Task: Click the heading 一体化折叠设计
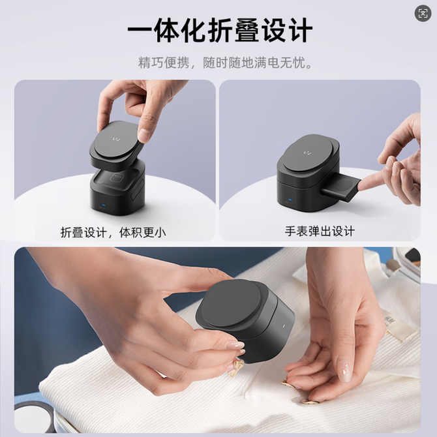220,30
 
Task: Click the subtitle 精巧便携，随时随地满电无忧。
225,63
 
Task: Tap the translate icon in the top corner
423,13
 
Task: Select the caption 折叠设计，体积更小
113,232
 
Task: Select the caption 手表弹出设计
320,232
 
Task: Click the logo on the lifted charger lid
116,138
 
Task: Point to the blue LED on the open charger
104,205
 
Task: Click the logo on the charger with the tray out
307,153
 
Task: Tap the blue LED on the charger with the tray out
290,200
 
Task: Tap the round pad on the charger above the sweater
232,303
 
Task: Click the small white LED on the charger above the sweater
284,325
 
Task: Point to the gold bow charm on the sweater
236,367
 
